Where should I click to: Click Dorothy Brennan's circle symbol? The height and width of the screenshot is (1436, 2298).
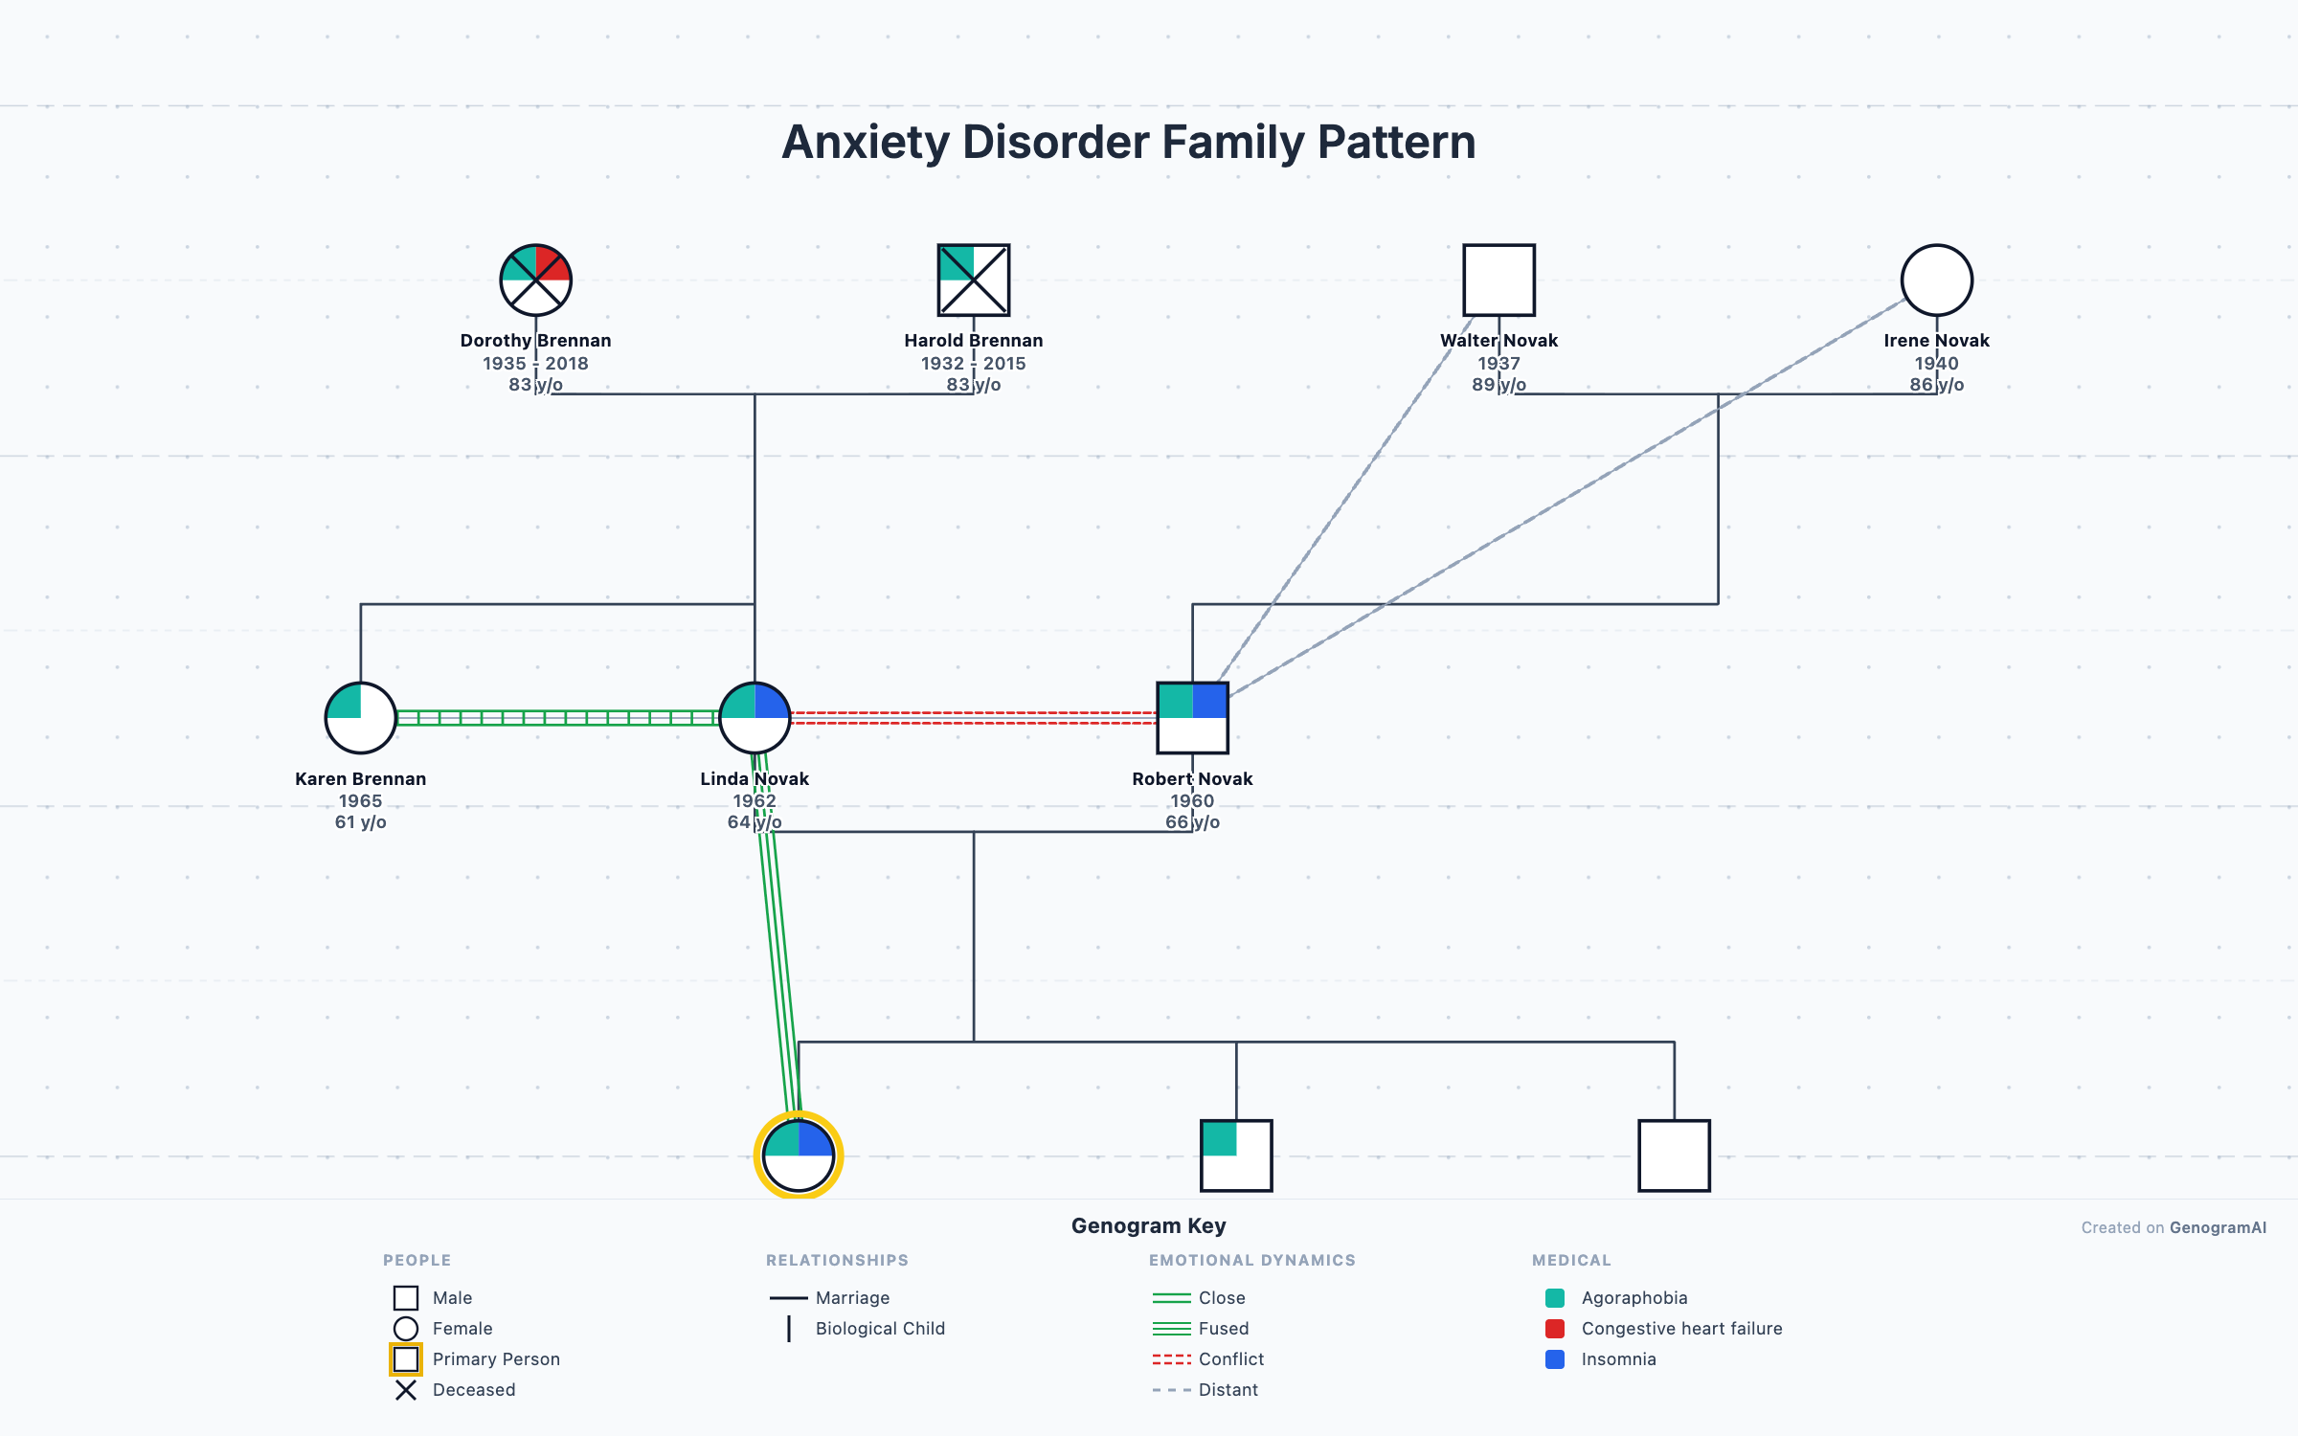[x=535, y=280]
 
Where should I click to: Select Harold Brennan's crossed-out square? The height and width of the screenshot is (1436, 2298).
[x=973, y=280]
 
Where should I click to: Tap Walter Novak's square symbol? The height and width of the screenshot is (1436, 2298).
[x=1498, y=280]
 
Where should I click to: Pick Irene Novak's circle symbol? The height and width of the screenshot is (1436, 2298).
[x=1936, y=280]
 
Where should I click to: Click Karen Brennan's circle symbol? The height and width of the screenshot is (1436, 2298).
[x=360, y=718]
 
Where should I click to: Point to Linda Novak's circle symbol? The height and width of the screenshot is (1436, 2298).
[x=755, y=718]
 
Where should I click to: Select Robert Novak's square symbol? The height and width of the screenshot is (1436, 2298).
[x=1192, y=718]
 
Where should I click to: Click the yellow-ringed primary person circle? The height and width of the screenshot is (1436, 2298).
[x=799, y=1156]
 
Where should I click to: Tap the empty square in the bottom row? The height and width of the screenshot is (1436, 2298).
[x=1674, y=1156]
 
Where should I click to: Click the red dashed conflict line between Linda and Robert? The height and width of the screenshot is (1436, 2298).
[x=973, y=718]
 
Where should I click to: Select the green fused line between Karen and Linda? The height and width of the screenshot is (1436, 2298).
[x=557, y=718]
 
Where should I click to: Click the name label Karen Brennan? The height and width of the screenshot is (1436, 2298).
[x=360, y=778]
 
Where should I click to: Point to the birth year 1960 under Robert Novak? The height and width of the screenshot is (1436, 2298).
[x=1192, y=800]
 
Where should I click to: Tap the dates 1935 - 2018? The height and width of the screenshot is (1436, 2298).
[x=535, y=363]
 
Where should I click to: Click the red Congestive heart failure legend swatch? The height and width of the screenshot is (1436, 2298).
[x=1555, y=1329]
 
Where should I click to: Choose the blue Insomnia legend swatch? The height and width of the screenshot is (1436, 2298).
[x=1555, y=1359]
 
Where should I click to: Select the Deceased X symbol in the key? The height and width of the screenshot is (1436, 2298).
[x=406, y=1390]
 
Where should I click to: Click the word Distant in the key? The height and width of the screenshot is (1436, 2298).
[x=1228, y=1390]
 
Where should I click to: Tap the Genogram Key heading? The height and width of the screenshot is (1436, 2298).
[x=1148, y=1225]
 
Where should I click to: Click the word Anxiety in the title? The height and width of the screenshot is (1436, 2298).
[x=865, y=142]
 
